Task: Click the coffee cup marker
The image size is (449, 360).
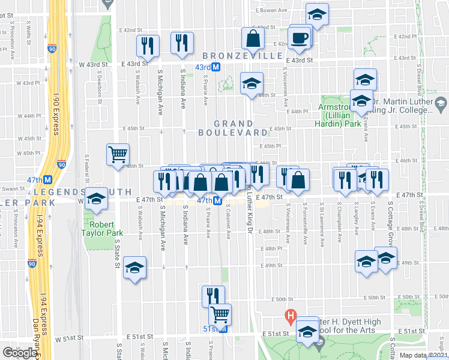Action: click(x=300, y=37)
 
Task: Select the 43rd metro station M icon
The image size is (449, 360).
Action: click(x=217, y=68)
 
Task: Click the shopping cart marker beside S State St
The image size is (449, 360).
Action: click(x=118, y=154)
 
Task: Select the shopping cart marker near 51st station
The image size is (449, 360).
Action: click(x=220, y=314)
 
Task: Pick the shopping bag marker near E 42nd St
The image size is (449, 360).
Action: click(x=253, y=38)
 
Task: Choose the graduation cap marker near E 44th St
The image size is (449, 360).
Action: click(x=252, y=83)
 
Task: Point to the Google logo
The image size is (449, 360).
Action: click(x=20, y=353)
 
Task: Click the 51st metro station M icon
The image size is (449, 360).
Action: click(x=224, y=329)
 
